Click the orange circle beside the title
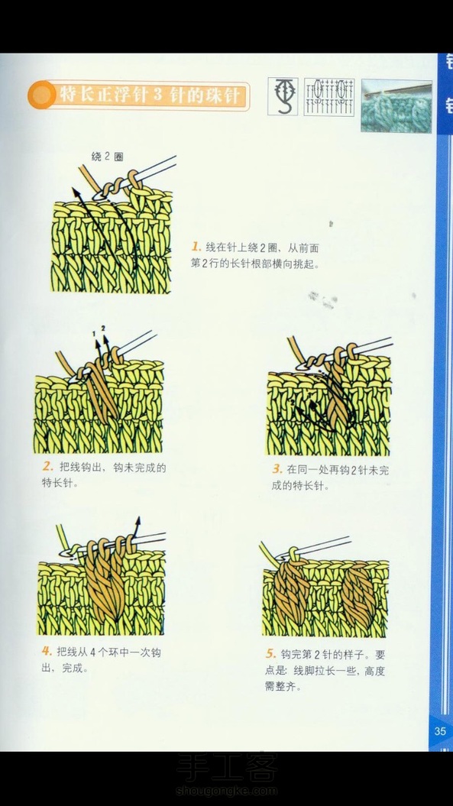[x=41, y=95]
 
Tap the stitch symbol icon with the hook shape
[x=283, y=96]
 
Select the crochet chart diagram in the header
[x=329, y=96]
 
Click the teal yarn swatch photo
[x=396, y=106]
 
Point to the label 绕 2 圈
[x=108, y=157]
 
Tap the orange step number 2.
[x=48, y=467]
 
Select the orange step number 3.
[x=277, y=469]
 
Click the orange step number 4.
[x=47, y=651]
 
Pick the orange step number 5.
[x=271, y=654]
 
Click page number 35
[x=440, y=731]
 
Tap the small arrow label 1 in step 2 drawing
[x=95, y=334]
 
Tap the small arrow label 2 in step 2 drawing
[x=103, y=328]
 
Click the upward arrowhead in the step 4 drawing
[x=138, y=522]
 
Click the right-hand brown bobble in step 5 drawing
[x=358, y=596]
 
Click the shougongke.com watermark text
[x=226, y=791]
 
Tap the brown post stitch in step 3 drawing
[x=338, y=390]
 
